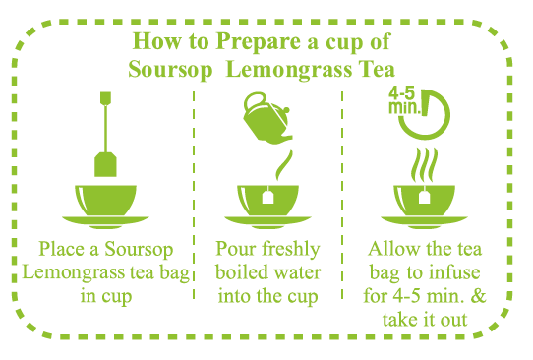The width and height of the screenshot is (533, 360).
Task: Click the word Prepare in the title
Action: tap(259, 42)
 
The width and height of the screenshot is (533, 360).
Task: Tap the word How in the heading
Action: tap(156, 41)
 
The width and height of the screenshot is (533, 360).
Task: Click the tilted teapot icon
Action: tap(267, 117)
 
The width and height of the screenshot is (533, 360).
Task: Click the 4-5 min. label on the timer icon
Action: tap(404, 101)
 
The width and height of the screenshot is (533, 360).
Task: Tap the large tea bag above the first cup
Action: tap(105, 164)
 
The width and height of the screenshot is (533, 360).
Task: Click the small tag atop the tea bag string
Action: tap(105, 98)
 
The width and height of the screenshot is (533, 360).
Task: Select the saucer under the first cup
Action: tap(105, 221)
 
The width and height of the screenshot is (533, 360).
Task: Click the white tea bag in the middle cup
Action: tap(267, 196)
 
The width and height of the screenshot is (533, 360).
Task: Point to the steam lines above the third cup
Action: tap(424, 165)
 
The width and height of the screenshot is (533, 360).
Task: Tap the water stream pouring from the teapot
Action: tap(284, 164)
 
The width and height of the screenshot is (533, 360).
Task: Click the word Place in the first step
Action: tap(62, 249)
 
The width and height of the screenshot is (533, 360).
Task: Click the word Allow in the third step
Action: tap(393, 249)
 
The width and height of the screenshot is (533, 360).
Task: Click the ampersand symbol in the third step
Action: tap(478, 296)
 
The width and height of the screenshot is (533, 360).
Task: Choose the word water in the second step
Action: tap(297, 273)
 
